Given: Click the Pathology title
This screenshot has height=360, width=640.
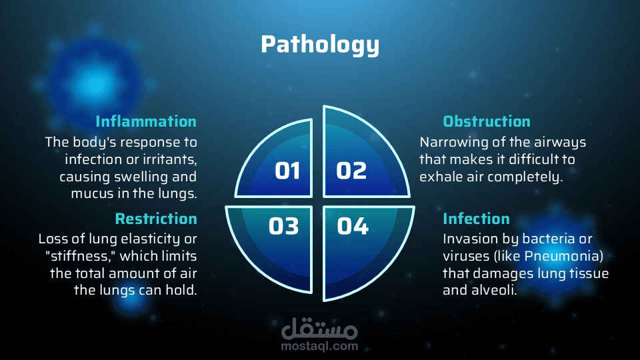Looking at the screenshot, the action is point(320,45).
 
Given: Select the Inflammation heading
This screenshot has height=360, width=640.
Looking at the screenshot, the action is point(146,121).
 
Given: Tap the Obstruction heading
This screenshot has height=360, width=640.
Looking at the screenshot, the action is point(487,121).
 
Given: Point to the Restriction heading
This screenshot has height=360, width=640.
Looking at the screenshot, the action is point(156,219).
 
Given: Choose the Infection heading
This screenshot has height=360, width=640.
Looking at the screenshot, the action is point(476,219).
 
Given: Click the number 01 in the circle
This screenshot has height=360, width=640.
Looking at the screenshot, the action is point(287,171).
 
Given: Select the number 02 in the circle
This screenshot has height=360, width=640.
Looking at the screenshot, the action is point(351,171).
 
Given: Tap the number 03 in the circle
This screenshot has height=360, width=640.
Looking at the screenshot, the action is point(284,226).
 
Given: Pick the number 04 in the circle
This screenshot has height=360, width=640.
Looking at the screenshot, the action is point(353,226).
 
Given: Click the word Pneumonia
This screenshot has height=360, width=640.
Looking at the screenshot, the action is point(564,256).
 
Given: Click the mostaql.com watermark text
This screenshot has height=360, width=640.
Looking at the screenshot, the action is point(319,347).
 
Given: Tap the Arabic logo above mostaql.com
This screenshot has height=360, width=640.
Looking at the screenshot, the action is point(319,328).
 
